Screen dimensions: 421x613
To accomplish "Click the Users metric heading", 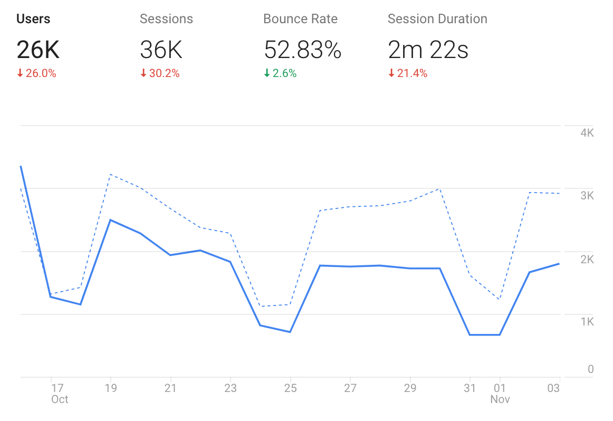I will click(33, 19).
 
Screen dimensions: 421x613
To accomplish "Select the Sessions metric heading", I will click(166, 19).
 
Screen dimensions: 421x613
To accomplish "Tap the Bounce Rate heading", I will click(300, 19).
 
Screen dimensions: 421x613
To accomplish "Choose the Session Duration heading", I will click(437, 19).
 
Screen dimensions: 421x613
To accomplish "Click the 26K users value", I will click(38, 50).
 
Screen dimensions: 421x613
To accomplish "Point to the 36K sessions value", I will click(161, 50).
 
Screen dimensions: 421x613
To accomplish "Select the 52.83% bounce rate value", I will click(302, 50).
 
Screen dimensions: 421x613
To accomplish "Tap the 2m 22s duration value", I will click(428, 50).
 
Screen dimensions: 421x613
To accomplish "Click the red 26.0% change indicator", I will click(36, 74).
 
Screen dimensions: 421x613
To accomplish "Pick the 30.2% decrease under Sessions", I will click(160, 74).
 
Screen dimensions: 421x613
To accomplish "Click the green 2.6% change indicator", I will click(280, 74).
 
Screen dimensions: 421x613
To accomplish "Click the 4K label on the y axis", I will click(587, 132).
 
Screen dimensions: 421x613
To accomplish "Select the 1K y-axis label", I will click(587, 321).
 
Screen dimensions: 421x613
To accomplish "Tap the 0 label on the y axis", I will click(591, 369).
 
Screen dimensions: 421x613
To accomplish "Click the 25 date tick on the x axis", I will click(290, 388).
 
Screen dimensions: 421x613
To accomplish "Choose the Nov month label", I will click(500, 399).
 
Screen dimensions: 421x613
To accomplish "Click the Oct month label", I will click(60, 399).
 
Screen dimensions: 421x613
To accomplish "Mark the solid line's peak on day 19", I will click(110, 219).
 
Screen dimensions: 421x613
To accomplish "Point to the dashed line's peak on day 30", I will click(439, 188).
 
